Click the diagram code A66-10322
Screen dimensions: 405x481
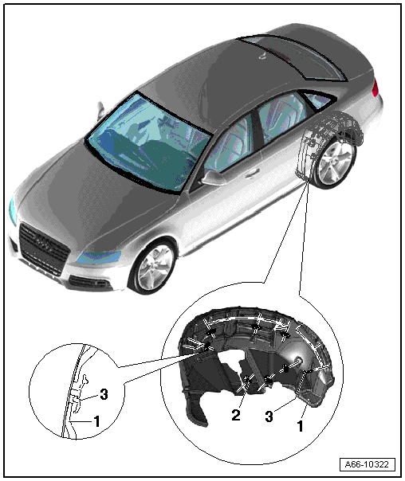coord(367,464)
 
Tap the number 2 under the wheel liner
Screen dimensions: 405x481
coord(236,415)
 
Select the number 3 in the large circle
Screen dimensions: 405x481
coord(269,416)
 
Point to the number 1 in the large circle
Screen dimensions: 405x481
coord(301,426)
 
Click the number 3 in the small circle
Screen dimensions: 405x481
coord(104,394)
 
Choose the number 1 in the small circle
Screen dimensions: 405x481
coord(96,421)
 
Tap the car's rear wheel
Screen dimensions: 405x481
coord(335,163)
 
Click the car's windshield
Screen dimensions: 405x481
coord(148,143)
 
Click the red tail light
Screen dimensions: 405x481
coord(375,87)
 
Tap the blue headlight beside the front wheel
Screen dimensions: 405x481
coord(97,257)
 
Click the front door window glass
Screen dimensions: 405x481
coord(228,145)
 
